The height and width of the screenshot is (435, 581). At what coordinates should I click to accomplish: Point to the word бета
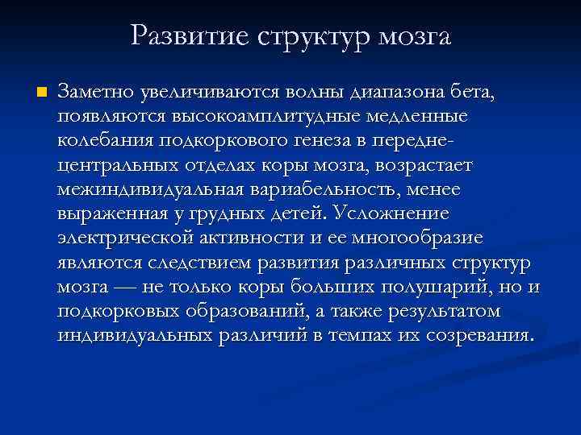pyautogui.click(x=474, y=93)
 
